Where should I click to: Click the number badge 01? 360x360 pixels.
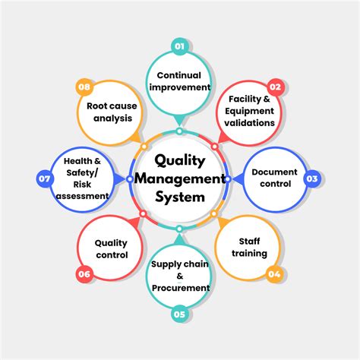click(x=179, y=46)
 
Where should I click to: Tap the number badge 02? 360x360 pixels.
click(x=274, y=87)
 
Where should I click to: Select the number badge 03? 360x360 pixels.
click(x=311, y=179)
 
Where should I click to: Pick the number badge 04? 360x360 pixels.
click(x=274, y=273)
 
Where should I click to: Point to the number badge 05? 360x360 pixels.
click(x=179, y=312)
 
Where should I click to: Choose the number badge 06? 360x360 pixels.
click(x=84, y=274)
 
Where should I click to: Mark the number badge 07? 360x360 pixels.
click(x=44, y=179)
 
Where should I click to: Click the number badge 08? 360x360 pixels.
click(x=84, y=87)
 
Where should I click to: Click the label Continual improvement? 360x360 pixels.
click(x=183, y=81)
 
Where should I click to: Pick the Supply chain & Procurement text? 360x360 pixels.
click(x=180, y=276)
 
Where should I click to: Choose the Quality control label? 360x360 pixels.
click(x=112, y=249)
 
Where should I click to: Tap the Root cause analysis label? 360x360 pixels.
click(x=111, y=112)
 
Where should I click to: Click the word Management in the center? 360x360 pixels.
click(x=180, y=178)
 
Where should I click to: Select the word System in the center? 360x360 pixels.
click(x=180, y=197)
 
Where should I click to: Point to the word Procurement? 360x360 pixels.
click(x=180, y=288)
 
